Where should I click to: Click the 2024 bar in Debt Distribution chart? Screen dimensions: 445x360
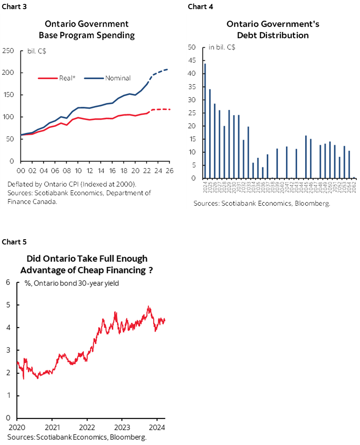point(205,121)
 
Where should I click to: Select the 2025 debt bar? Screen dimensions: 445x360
point(210,134)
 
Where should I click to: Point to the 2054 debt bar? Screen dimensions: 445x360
point(349,164)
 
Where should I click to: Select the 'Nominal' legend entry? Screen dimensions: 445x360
point(117,78)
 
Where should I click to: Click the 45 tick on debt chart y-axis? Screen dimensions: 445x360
point(192,60)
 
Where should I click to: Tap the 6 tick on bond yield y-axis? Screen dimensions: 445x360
point(7,282)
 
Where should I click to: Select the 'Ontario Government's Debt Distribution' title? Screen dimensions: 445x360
point(273,29)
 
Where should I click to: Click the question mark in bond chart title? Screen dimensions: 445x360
point(150,270)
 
